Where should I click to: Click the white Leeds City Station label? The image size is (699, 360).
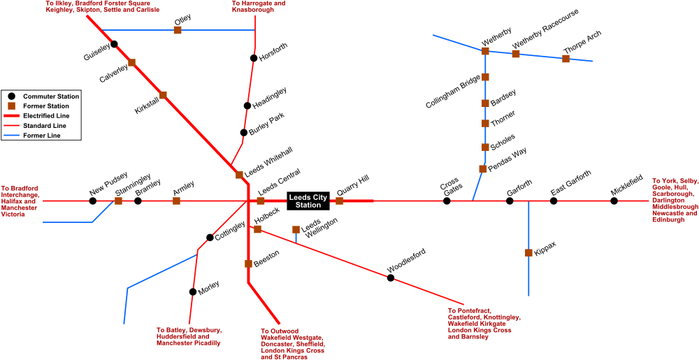[x=308, y=201]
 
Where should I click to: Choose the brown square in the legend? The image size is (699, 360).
[x=11, y=106]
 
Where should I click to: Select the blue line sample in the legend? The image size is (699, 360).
[x=11, y=135]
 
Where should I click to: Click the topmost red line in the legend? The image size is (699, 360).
[x=11, y=115]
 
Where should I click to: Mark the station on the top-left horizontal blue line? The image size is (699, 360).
[x=178, y=30]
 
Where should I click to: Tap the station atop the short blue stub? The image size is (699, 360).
[x=296, y=229]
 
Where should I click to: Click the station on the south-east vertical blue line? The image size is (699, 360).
[x=528, y=252]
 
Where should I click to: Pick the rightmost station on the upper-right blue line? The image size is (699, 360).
[x=565, y=59]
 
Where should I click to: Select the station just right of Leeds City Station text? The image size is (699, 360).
[x=339, y=201]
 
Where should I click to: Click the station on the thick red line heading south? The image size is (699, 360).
[x=248, y=264]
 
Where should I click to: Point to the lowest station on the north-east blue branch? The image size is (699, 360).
[x=482, y=168]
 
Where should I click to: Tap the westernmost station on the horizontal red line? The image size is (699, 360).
[x=118, y=201]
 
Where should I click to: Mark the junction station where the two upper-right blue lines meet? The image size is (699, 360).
[x=485, y=51]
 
